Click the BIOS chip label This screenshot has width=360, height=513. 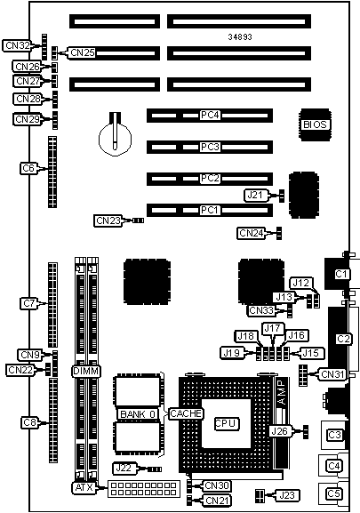(x=316, y=124)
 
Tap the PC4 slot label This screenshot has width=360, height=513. (x=210, y=116)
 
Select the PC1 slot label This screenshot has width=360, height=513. (x=210, y=210)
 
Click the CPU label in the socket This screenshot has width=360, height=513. (x=225, y=423)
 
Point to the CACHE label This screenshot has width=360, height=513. (x=186, y=413)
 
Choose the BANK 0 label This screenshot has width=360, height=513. (x=137, y=413)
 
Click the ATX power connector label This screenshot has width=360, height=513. (x=83, y=487)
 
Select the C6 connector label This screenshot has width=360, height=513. (x=28, y=167)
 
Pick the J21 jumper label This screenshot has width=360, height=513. (x=255, y=195)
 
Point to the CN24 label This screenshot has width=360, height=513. (x=252, y=233)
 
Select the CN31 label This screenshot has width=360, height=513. (x=332, y=374)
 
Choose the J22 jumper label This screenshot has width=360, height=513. (x=125, y=468)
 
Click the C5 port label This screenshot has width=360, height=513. (x=334, y=493)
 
